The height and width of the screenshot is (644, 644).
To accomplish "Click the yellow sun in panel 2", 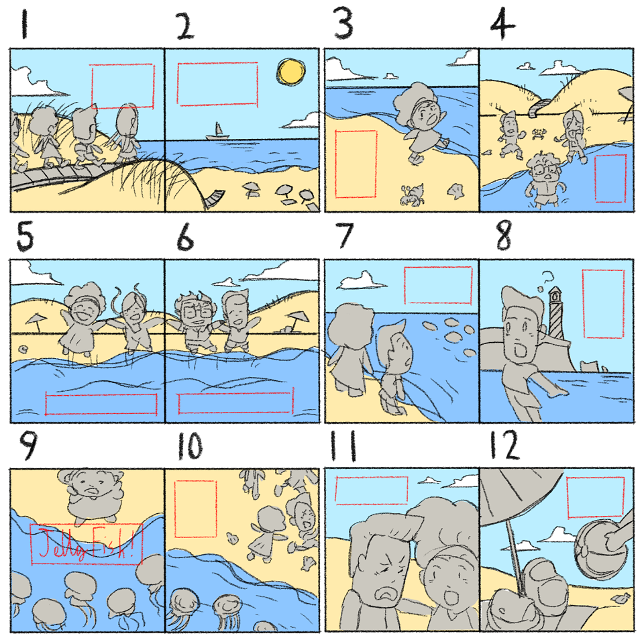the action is point(291,72).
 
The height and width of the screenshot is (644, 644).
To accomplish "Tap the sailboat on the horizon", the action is point(217,131).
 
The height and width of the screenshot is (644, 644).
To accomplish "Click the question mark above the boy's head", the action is point(546,278).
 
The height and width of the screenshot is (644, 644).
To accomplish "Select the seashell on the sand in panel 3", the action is point(455,191).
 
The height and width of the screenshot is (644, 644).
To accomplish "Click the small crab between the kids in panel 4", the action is point(539,134).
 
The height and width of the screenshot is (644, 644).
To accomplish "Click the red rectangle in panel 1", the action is point(122,86).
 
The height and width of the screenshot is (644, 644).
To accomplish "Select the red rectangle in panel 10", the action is point(195,509).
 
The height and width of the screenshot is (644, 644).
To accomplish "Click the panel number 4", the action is point(502,25).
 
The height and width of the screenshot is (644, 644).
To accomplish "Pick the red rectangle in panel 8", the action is point(603,304).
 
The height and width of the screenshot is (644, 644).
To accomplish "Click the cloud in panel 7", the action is point(362,280).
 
